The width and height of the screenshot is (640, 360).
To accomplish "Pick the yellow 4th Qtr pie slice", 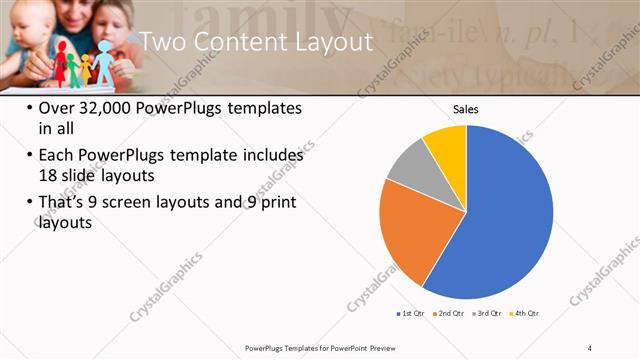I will click(446, 142).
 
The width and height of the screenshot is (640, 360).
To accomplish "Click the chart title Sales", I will click(465, 107).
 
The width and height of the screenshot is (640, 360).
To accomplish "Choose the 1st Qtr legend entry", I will click(410, 314).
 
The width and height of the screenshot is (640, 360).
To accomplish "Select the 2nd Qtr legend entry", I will click(449, 314).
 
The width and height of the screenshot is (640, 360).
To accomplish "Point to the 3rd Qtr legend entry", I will click(488, 314).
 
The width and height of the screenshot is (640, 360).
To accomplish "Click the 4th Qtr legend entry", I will click(526, 314).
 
